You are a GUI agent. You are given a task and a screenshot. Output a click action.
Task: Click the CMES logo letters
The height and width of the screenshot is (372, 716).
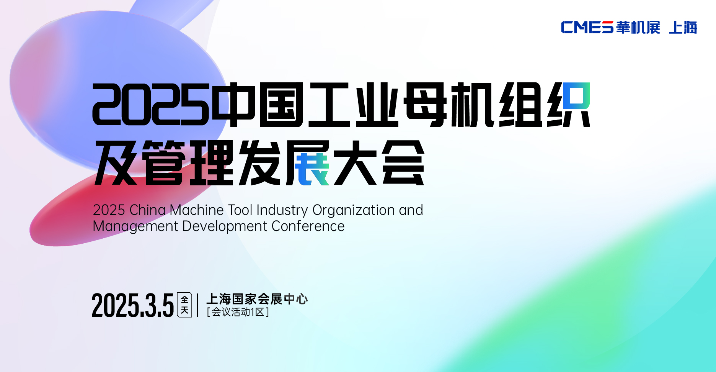pos(587,27)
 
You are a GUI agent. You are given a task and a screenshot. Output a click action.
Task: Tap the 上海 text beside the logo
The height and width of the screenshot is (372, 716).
pos(683,27)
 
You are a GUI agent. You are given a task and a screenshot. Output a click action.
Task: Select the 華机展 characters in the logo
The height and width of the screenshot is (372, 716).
pos(638,27)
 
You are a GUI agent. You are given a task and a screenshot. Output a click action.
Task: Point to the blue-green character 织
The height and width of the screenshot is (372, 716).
pos(569,104)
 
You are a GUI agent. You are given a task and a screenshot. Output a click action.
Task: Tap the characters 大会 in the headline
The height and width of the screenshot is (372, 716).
pos(379,162)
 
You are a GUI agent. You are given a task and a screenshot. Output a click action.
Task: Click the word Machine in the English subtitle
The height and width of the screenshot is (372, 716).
pos(197,210)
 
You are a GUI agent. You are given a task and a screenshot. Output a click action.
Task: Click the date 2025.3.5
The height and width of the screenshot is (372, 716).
pos(133,305)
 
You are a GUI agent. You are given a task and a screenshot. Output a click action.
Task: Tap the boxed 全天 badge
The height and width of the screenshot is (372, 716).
pos(184,305)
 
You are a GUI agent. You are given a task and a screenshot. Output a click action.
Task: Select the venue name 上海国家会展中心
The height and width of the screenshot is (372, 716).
pos(257,299)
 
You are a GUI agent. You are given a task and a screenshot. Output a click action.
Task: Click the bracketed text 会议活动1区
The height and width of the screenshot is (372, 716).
pos(238,312)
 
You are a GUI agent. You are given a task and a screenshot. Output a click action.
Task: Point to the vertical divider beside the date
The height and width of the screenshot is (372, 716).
pos(197,305)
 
